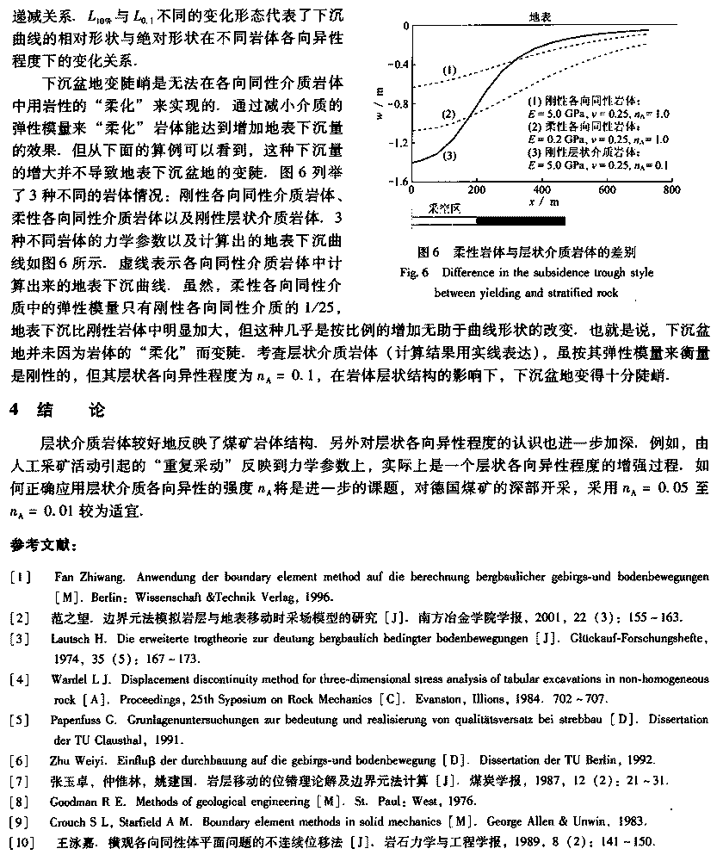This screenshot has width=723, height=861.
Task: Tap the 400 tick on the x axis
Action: click(x=541, y=190)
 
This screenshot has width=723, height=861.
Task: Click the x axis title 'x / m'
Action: click(x=541, y=202)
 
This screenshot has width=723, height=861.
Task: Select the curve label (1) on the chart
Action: click(x=449, y=69)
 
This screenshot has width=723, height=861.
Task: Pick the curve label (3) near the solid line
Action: click(x=449, y=155)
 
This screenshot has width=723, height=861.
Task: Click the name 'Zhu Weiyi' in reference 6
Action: click(x=79, y=759)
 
